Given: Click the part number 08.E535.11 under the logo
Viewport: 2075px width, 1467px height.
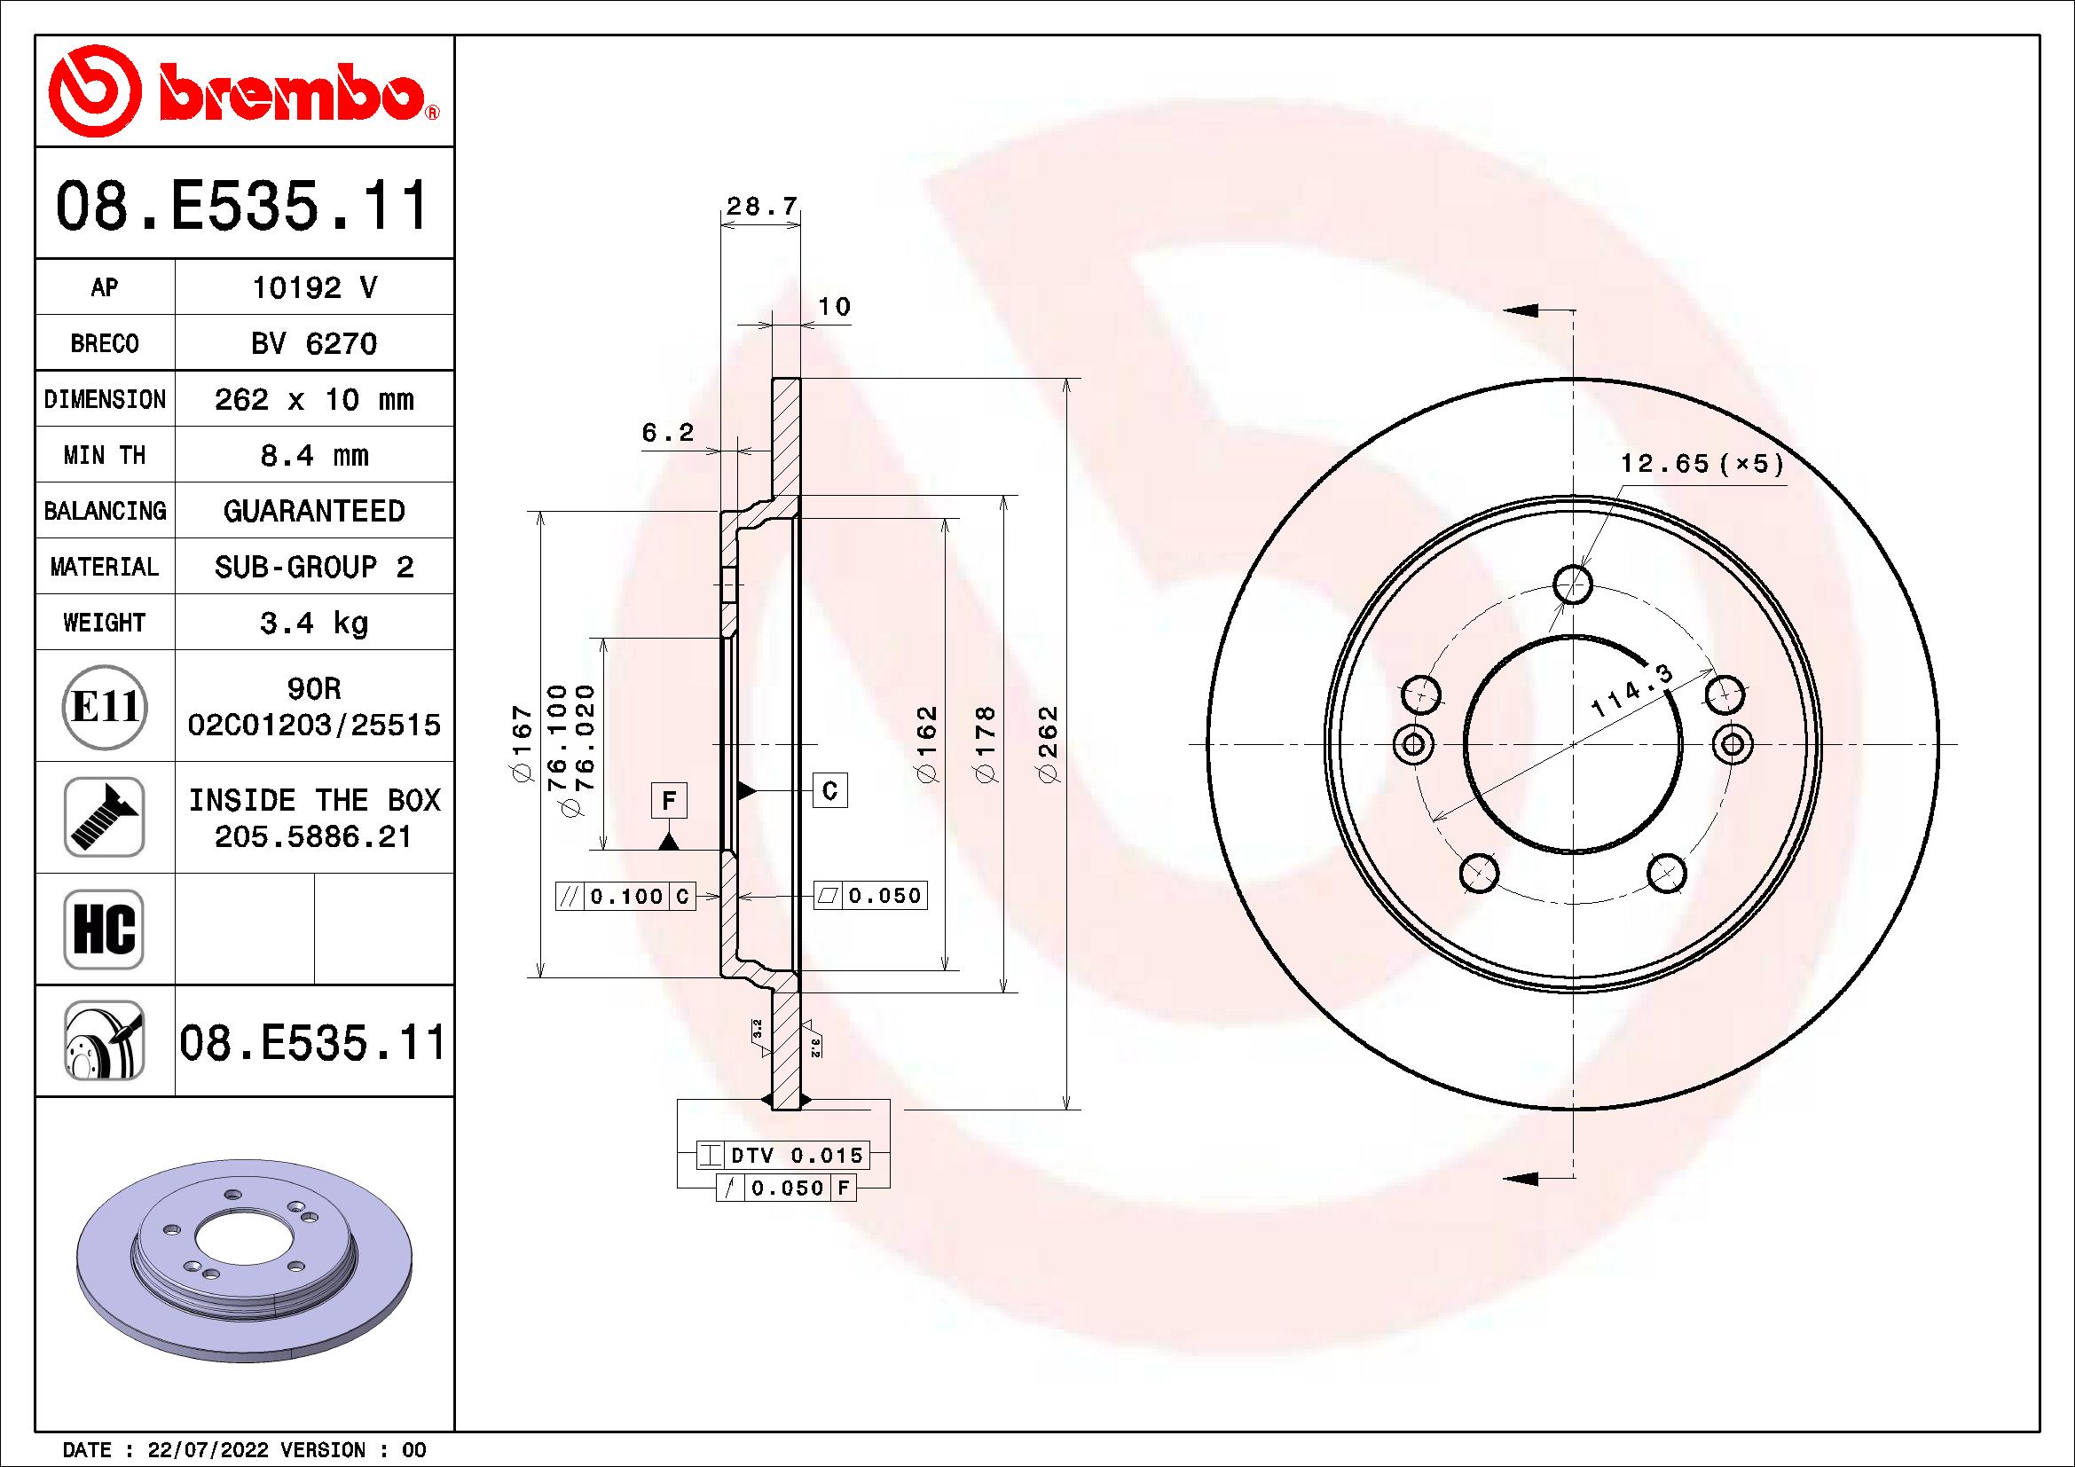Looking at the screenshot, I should point(242,207).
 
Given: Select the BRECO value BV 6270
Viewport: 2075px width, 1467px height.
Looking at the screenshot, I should point(313,343).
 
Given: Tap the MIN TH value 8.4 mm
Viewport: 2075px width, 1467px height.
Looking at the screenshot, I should point(313,455).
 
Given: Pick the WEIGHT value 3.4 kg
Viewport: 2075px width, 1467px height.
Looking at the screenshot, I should point(313,623).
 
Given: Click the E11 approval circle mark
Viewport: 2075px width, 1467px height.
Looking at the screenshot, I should point(104,706).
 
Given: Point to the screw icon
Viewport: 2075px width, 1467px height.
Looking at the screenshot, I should point(104,817).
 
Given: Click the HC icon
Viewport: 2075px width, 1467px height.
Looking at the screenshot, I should point(104,929).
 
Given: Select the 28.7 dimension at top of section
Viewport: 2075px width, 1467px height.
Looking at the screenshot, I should point(761,207).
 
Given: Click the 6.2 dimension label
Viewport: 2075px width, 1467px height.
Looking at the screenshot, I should point(668,434).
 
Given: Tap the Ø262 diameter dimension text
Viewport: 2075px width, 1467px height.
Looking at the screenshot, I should point(1049,744).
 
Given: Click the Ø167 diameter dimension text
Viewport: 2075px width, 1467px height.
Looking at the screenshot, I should point(523,744).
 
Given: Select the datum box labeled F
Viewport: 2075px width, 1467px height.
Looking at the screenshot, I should point(669,800).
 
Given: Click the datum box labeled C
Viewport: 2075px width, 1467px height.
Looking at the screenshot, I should point(829,790).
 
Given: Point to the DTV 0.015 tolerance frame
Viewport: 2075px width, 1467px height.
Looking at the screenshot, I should point(783,1155).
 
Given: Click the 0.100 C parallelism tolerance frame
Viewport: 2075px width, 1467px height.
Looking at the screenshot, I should point(625,896).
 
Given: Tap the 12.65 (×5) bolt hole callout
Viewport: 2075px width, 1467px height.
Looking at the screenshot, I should point(1702,464).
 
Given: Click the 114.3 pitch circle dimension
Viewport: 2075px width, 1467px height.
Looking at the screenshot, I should point(1631,691).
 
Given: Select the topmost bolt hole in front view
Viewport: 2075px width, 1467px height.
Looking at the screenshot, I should point(1574,585).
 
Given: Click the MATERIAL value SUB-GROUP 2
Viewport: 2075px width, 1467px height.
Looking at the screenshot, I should point(313,568).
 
